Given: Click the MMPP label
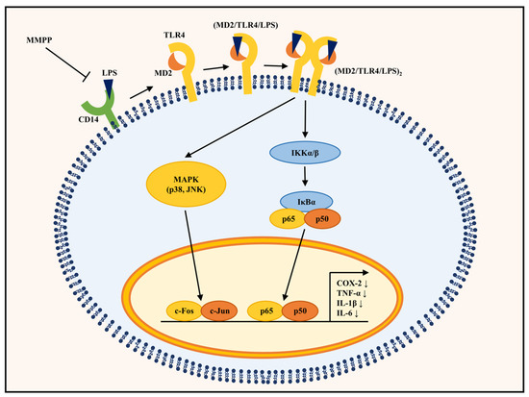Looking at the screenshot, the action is click(39, 40).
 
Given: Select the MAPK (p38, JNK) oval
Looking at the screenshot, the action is click(186, 185).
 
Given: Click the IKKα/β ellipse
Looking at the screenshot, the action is click(305, 153).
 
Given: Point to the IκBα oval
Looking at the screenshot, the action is click(306, 202).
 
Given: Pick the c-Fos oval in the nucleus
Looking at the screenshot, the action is click(185, 310).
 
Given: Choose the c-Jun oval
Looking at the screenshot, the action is click(219, 310).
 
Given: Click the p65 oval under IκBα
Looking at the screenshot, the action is click(289, 219).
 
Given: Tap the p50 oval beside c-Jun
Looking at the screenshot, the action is click(300, 310).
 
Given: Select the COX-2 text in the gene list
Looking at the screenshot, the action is click(349, 284).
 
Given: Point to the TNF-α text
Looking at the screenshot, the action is click(349, 293).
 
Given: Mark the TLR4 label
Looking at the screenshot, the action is click(174, 35).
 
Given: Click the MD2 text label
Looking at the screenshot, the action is click(163, 73).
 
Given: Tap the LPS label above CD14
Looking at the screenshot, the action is click(110, 73).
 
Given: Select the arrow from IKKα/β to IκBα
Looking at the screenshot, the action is click(305, 176).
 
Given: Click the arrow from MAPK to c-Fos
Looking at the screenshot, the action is click(193, 256).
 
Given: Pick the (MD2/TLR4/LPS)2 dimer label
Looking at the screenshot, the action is click(368, 72).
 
